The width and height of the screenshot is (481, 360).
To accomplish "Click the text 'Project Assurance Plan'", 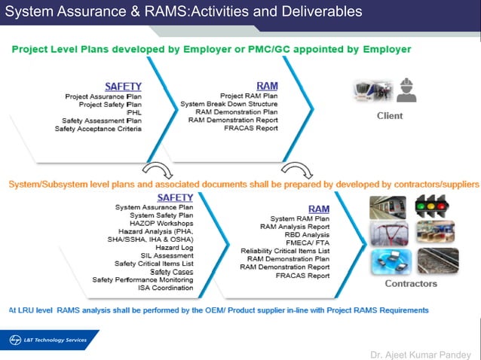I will point(103,96).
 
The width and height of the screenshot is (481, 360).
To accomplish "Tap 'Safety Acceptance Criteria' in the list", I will point(98,129).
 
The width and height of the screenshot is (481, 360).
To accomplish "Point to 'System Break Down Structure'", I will point(229,104).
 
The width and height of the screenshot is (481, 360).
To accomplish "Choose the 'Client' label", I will point(390,116).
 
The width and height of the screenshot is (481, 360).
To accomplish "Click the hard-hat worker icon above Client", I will point(409,90).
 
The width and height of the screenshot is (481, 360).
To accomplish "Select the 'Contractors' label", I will point(411,283).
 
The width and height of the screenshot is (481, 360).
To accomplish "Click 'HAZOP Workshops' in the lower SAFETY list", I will point(161,223).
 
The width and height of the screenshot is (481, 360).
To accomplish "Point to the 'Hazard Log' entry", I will point(174,247).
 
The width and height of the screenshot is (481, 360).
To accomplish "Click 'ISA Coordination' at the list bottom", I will point(165,288).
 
